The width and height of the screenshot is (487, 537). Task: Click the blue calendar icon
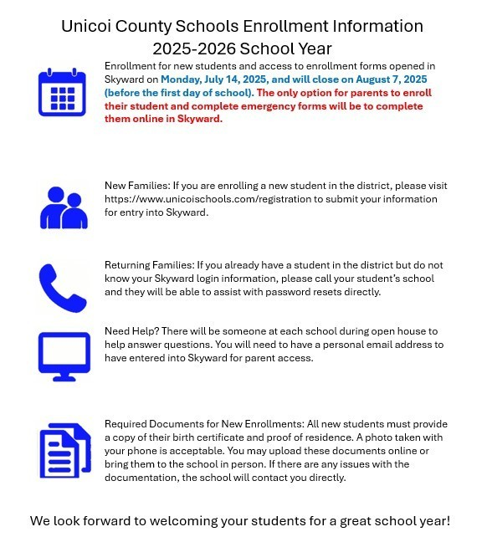pos(62,92)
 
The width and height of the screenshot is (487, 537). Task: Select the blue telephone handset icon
pos(62,287)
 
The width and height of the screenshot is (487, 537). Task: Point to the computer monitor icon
pos(64,355)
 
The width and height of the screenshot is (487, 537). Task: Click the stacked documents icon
pos(64,450)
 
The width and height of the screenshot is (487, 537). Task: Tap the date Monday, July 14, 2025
pos(217,79)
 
